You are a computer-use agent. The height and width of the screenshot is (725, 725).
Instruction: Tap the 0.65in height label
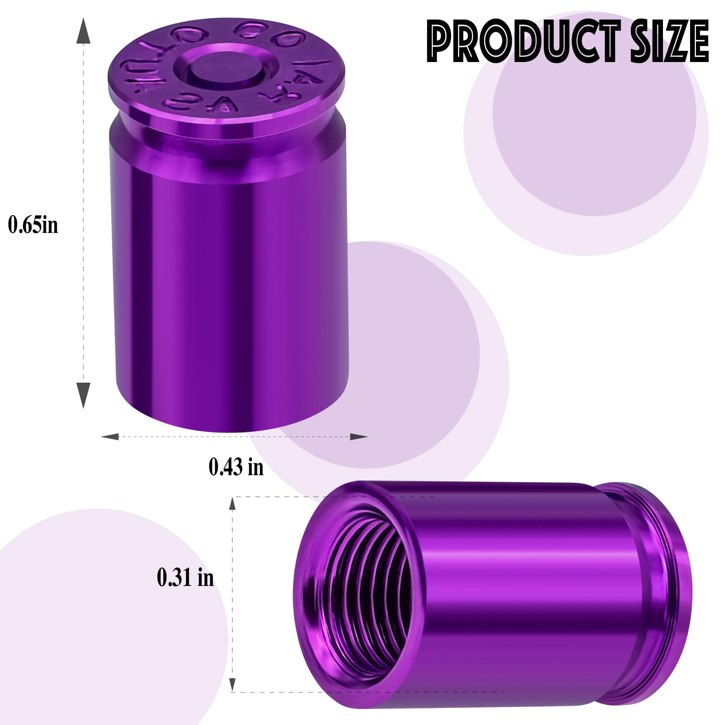coord(33,224)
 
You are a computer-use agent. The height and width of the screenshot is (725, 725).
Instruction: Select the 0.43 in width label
coord(236,467)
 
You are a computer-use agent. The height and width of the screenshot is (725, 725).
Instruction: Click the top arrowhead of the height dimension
coord(83,30)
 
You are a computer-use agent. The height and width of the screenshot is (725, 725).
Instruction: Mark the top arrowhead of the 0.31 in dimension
coord(232,504)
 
